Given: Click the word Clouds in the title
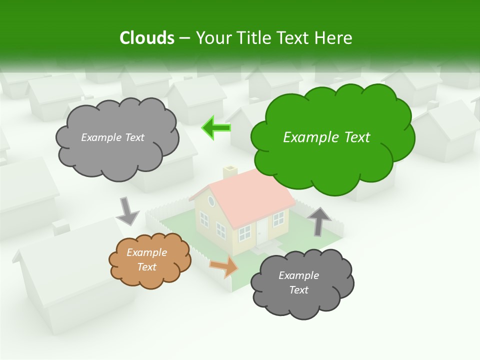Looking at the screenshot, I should point(147,38).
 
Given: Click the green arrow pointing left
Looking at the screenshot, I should point(216,128).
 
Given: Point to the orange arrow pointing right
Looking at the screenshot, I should point(224,266).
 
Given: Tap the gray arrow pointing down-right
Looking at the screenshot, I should point(127,211).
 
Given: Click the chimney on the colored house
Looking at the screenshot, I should point(230,172).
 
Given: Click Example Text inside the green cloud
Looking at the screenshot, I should point(326,137).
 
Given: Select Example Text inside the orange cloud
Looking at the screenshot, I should point(146,259).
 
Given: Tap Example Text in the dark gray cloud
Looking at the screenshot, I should point(298,282).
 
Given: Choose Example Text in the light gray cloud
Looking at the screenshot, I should point(112,137).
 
